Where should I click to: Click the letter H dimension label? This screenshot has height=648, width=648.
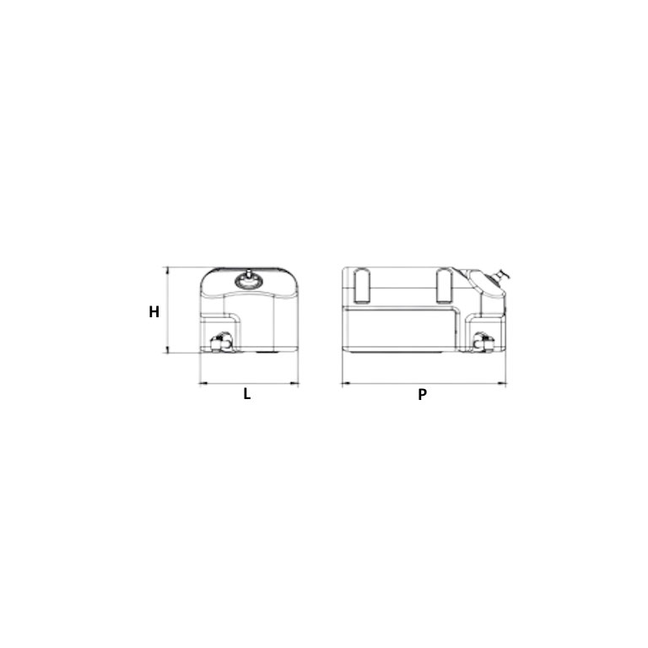point(154,311)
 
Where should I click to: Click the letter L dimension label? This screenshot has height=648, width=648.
point(247,394)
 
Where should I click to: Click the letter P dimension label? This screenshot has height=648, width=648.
point(422,394)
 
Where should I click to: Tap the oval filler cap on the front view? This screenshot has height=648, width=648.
point(249,282)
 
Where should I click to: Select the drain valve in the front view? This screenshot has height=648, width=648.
point(221,342)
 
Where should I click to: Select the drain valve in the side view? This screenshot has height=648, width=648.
point(483,342)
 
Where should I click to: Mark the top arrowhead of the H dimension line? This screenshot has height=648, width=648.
point(167,270)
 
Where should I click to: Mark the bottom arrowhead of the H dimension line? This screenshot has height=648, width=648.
point(167,352)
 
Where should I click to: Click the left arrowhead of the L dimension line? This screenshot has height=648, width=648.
point(202,384)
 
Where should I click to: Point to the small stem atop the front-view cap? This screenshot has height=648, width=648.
point(249,273)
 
